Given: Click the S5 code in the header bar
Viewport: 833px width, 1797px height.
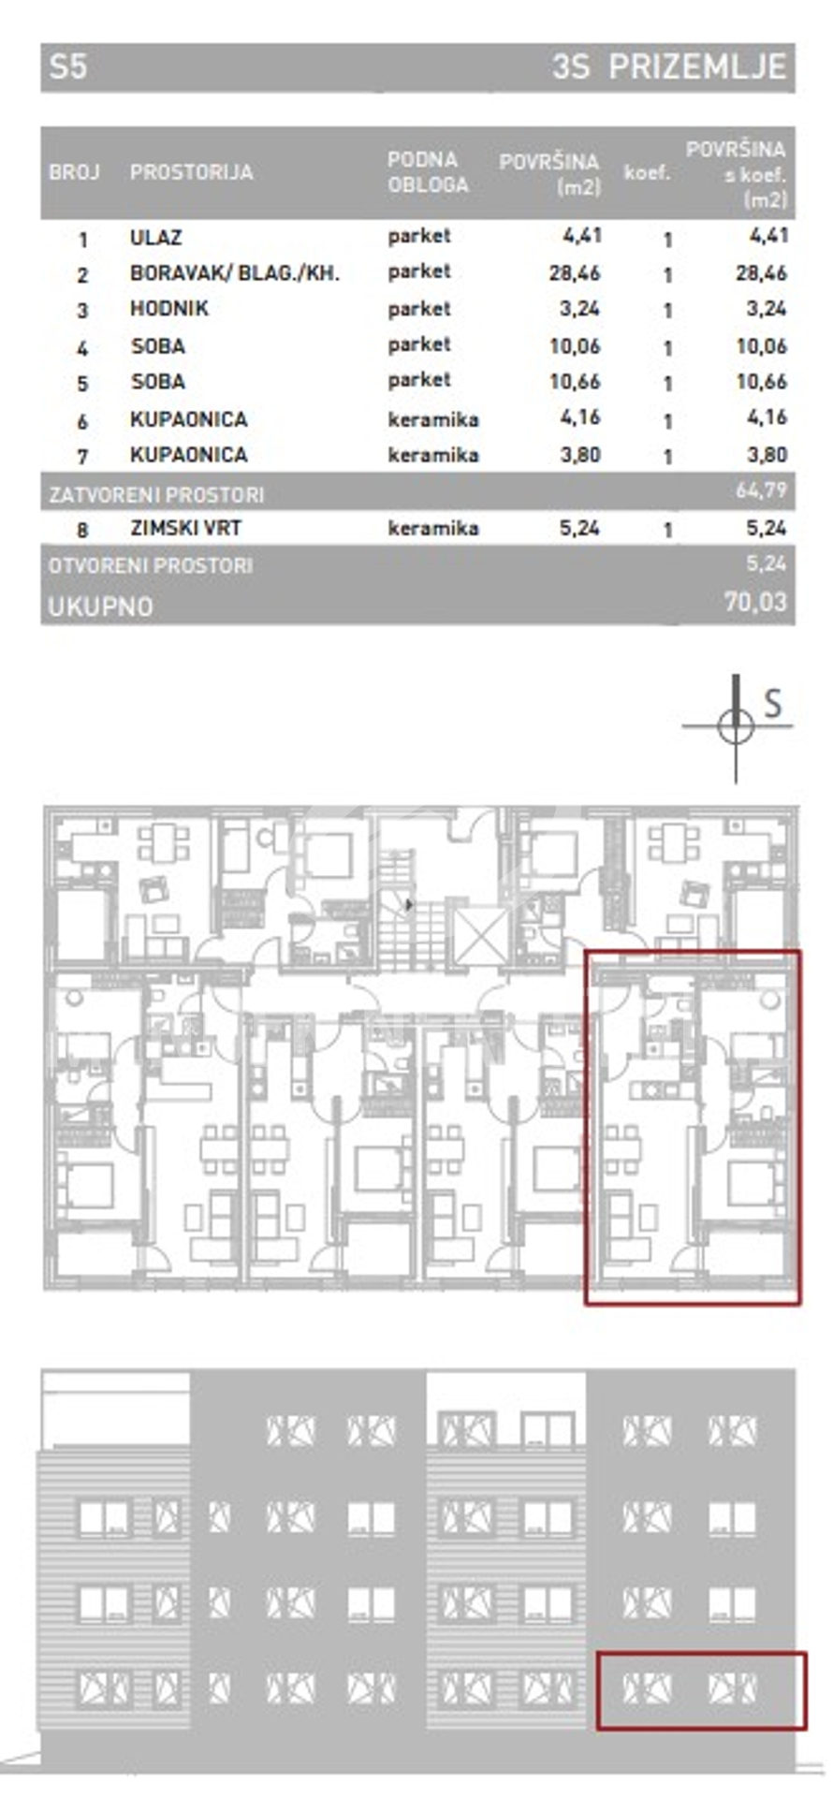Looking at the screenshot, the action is click(68, 67).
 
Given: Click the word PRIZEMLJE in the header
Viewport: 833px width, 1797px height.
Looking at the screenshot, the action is click(696, 67).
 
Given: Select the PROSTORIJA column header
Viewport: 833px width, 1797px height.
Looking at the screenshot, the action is click(192, 172).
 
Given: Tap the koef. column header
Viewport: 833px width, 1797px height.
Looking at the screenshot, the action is click(647, 173).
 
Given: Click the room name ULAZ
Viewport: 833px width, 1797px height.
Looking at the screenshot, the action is click(155, 238).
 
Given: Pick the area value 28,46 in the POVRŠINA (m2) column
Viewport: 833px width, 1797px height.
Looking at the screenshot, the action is click(575, 273).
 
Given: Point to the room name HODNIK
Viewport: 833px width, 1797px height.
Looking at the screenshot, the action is click(168, 309).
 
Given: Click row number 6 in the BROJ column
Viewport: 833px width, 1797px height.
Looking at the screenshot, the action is click(82, 421).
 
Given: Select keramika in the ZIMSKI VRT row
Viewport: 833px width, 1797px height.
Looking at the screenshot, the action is click(433, 528).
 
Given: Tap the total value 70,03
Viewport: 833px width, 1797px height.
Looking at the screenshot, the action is click(755, 602).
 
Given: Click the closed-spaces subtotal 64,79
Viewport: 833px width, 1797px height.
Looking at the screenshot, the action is click(762, 489).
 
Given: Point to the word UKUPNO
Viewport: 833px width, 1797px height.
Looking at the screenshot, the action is click(100, 606).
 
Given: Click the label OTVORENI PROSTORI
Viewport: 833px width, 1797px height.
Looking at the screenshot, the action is click(151, 565).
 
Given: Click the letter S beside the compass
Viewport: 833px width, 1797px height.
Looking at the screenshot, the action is click(772, 703).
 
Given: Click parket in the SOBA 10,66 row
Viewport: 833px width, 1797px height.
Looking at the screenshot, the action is click(419, 380).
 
